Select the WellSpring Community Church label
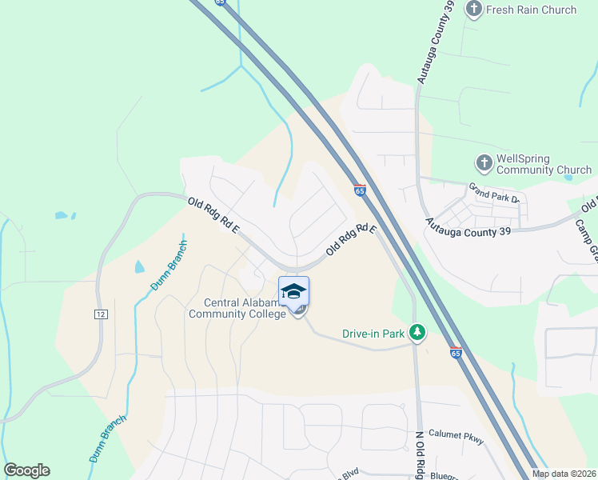point(544,164)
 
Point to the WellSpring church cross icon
point(484,163)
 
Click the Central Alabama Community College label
point(237,308)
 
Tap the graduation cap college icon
point(293,290)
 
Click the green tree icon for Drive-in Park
point(416,331)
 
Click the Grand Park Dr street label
point(495,194)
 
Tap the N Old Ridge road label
point(418,456)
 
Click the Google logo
point(26,470)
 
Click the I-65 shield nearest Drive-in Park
point(456,353)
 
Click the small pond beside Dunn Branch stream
point(139,266)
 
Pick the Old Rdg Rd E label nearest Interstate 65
point(351,239)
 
